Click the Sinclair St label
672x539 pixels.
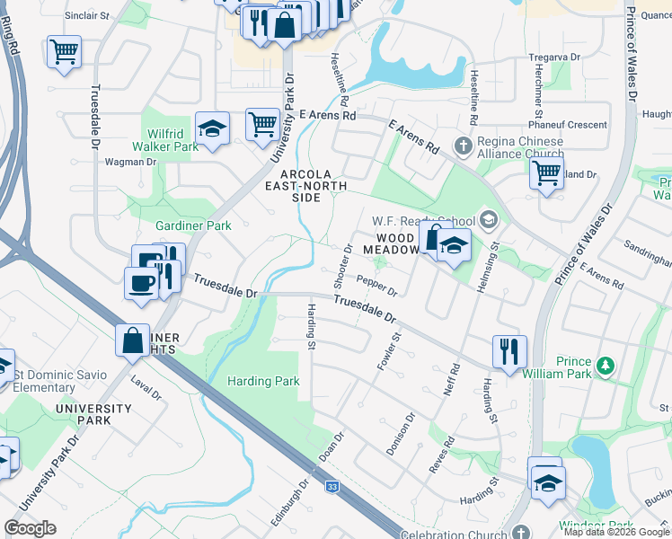[86, 16]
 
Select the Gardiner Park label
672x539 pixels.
[193, 225]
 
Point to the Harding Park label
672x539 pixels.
[262, 381]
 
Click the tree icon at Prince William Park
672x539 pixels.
[606, 365]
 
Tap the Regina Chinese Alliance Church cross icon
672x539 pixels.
[463, 146]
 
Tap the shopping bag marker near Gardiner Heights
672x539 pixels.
[133, 340]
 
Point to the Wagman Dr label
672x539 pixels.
[130, 162]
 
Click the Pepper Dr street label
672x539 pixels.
[377, 286]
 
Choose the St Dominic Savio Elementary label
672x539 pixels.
[57, 381]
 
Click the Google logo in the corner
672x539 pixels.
[31, 527]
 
